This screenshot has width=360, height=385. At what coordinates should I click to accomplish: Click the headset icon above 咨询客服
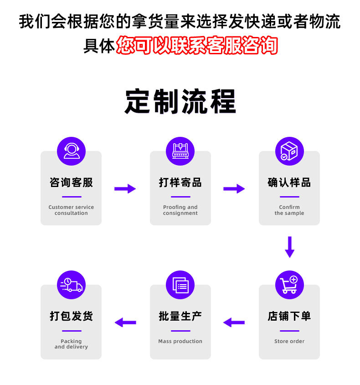point(71,151)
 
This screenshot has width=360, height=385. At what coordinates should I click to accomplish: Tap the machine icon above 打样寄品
point(180,151)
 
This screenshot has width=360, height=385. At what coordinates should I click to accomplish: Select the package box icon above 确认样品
point(289,151)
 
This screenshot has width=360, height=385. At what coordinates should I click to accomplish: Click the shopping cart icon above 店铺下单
point(289,285)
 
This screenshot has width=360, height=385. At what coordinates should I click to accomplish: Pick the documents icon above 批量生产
point(180,285)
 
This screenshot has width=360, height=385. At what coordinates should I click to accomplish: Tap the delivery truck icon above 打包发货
point(71,285)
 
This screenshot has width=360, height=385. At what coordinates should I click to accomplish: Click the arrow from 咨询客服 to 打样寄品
point(125,188)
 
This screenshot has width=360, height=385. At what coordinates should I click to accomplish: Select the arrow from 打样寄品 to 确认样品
point(234,188)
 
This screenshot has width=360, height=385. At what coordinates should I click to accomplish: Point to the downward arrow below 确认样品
point(289,247)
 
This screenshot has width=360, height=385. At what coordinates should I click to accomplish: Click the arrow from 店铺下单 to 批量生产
point(234,323)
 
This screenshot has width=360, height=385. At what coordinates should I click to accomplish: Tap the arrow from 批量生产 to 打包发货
point(125,323)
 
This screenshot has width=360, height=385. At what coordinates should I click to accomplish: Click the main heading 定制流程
point(180,101)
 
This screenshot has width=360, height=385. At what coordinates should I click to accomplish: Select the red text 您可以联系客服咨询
point(197,46)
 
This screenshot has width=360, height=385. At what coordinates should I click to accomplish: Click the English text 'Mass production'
point(180,341)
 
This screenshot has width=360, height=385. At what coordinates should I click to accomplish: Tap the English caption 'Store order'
point(289,341)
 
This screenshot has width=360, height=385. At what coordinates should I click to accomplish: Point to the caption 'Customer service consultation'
point(71,210)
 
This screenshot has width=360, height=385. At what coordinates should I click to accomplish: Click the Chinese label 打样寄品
point(180,182)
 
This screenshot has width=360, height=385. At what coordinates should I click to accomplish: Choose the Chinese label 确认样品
point(289,182)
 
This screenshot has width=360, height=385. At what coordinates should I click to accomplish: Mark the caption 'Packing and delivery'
point(71,344)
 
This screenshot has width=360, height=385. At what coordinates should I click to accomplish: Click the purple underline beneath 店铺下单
point(289,331)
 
